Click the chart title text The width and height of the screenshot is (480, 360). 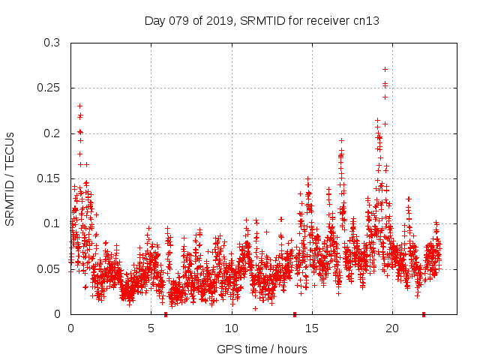262,20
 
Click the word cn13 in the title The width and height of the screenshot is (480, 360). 367,20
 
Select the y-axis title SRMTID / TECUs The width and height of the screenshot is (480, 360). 10,178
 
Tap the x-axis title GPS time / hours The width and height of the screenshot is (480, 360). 262,349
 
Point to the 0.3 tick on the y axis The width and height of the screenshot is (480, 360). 52,43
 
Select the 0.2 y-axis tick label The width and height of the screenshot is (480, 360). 52,133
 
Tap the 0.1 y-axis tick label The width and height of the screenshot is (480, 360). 52,223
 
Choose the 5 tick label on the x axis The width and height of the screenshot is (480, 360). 151,328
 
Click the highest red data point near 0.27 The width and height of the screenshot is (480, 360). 385,70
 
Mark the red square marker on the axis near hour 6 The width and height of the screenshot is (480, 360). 166,314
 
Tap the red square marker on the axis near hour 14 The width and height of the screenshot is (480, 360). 295,314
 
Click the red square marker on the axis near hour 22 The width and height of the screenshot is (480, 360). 424,314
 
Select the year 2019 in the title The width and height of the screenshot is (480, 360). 215,20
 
